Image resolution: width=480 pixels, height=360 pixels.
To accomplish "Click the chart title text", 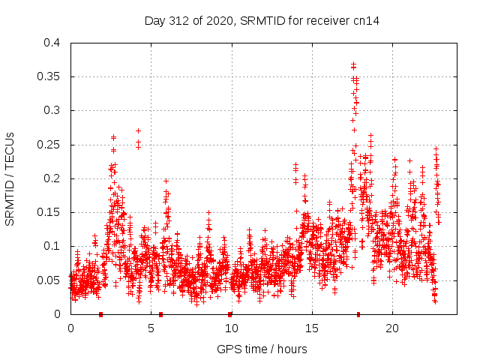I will (262, 20).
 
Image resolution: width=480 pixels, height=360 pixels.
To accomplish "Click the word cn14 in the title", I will (367, 20).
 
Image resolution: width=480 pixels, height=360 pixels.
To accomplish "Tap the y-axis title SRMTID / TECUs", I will (10, 178).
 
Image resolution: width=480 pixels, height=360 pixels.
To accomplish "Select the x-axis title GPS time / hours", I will (262, 349).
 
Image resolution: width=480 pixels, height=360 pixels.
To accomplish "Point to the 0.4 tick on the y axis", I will (52, 43).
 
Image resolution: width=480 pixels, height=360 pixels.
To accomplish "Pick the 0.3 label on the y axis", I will (52, 110).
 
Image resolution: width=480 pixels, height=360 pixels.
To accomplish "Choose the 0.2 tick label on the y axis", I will (52, 178).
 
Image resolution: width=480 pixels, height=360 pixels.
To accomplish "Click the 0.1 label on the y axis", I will (52, 246).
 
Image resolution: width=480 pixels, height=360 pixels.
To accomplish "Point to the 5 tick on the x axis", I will (151, 328).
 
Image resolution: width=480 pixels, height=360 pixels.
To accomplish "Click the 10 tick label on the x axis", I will (231, 328).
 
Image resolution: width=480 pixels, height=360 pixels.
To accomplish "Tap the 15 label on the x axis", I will (311, 328).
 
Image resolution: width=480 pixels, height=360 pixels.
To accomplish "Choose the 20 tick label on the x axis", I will (391, 328).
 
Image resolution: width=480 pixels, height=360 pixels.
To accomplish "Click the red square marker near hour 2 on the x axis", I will (100, 314).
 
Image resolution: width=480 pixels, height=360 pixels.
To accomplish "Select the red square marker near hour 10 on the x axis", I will (230, 314).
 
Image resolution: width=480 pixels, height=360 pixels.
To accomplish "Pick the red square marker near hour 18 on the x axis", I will (358, 314).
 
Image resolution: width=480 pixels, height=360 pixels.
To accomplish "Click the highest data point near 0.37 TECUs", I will (353, 64).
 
